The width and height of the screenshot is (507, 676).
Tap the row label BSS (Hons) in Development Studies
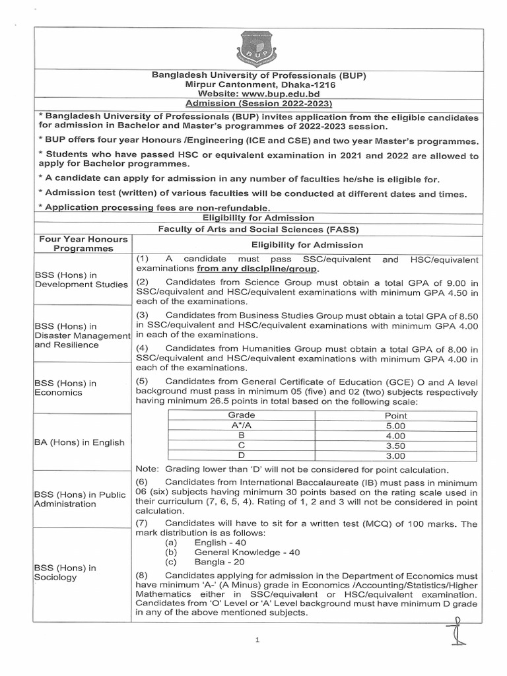point(81,279)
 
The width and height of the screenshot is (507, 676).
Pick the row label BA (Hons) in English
point(79,442)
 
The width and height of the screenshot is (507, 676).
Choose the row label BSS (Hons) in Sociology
point(65,572)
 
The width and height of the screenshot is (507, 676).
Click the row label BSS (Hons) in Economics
point(65,388)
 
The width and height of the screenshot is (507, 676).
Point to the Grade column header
point(241,415)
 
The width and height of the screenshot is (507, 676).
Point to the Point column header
point(395,416)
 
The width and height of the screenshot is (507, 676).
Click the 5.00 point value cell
point(395,426)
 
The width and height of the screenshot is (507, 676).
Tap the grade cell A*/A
point(241,426)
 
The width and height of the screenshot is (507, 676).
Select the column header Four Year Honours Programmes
point(75,244)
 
